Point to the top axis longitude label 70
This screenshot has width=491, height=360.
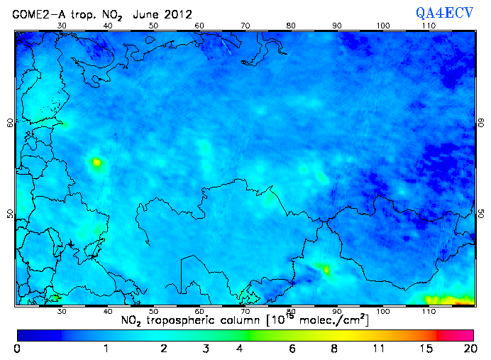click(245, 26)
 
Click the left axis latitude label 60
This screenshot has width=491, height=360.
click(9, 122)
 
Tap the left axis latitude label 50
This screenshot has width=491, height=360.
click(9, 213)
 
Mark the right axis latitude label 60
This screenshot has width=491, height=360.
click(482, 122)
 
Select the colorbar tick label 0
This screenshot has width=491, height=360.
click(17, 349)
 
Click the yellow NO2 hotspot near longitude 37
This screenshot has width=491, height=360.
click(96, 163)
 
